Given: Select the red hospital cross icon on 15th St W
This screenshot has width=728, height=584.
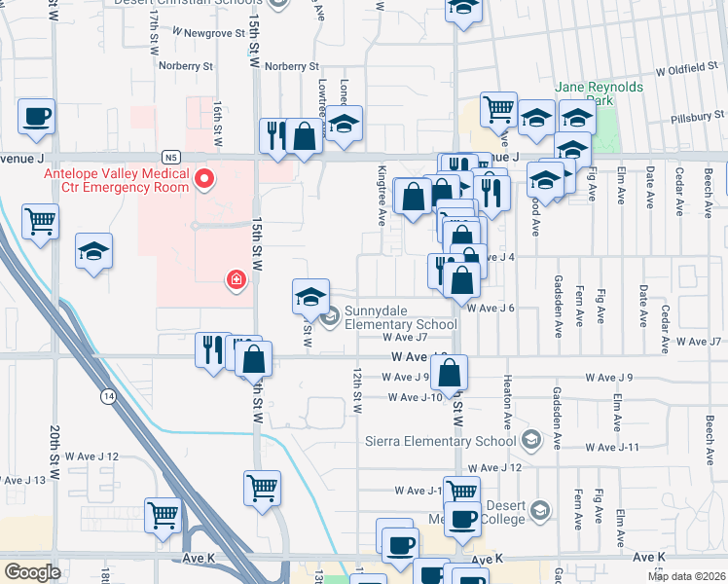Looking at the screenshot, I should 236,281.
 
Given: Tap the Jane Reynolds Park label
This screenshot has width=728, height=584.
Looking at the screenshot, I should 599,93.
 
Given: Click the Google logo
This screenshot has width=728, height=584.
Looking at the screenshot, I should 32,572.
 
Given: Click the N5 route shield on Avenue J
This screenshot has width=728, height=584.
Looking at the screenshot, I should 171,157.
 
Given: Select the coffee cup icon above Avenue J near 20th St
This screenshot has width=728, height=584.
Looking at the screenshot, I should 37,117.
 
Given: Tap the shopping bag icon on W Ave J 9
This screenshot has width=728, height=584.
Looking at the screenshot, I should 449,373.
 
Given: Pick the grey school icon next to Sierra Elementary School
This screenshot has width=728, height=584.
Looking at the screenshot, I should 530,440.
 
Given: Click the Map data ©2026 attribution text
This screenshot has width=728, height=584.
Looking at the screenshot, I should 685,575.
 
